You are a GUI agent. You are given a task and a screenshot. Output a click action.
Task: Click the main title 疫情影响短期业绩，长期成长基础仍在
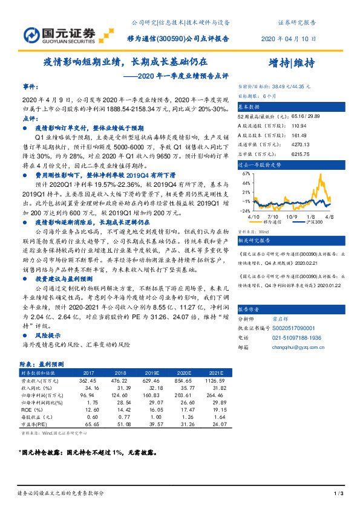[x=125, y=62]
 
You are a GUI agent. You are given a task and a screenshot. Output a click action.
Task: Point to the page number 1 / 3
[x=338, y=494]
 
